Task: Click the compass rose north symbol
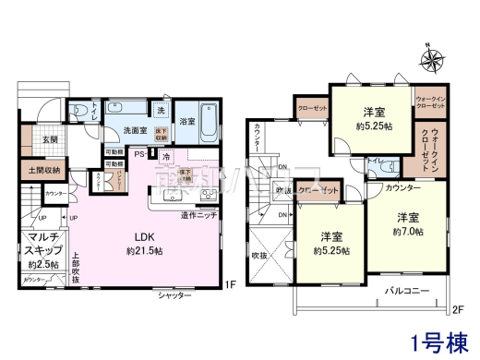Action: [x=432, y=62]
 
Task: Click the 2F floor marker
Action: [x=455, y=309]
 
